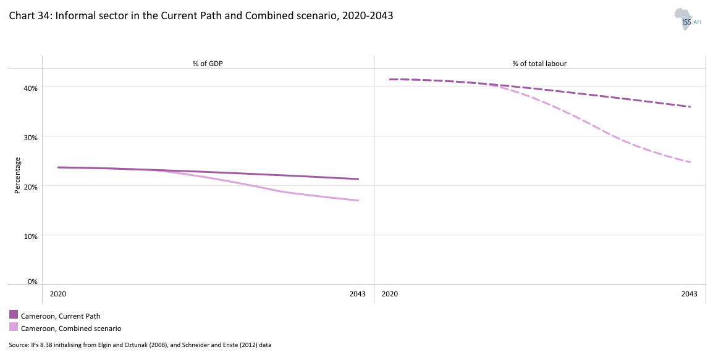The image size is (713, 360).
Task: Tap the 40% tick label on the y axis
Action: (31, 88)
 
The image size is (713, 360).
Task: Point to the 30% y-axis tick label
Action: (31, 137)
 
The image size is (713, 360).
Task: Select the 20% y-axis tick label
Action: (31, 186)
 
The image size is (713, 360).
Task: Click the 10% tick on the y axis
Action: (31, 236)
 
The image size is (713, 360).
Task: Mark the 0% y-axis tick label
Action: (33, 282)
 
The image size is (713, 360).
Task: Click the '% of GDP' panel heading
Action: (208, 63)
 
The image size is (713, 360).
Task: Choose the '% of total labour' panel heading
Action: (539, 63)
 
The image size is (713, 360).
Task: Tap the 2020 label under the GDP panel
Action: (58, 294)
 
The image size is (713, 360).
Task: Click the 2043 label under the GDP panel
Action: (358, 294)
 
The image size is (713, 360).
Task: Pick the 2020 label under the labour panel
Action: (390, 294)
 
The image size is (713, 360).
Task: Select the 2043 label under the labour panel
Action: (690, 294)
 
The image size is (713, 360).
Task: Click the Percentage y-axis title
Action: (17, 175)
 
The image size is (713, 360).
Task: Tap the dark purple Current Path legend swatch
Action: (14, 315)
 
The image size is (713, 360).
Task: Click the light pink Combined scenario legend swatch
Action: (14, 327)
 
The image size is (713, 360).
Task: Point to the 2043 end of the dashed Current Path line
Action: (690, 107)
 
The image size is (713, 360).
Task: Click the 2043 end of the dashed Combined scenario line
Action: (690, 162)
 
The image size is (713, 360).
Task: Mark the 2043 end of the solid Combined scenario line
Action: (358, 201)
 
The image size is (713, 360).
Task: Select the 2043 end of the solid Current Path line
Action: (358, 179)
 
